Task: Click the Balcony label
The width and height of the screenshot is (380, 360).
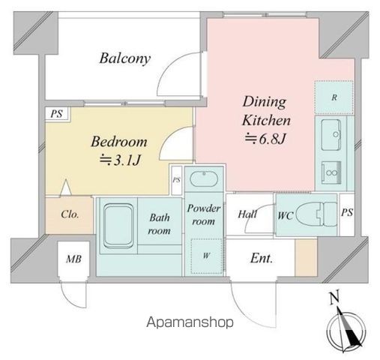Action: click(x=125, y=58)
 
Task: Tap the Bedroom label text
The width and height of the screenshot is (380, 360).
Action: click(x=119, y=142)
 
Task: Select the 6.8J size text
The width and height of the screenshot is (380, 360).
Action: click(x=265, y=139)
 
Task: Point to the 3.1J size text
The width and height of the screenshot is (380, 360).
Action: click(x=120, y=160)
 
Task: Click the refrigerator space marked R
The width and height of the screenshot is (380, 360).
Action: click(x=334, y=97)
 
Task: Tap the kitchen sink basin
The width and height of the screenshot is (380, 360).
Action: click(x=331, y=135)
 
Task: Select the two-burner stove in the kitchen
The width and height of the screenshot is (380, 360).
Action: click(x=331, y=172)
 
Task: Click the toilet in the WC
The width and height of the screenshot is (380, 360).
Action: click(x=317, y=214)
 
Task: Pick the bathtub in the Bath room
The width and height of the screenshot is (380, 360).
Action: click(x=118, y=226)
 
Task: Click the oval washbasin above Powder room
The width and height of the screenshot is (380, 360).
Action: click(x=204, y=179)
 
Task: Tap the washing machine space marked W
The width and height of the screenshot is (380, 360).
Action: click(x=206, y=256)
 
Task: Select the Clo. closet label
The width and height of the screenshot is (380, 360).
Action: click(x=70, y=214)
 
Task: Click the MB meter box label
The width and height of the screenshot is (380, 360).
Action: click(x=73, y=259)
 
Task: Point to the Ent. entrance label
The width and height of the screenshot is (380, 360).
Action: click(x=262, y=258)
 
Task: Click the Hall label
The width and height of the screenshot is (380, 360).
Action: click(x=247, y=214)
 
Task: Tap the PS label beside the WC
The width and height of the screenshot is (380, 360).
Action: click(x=347, y=212)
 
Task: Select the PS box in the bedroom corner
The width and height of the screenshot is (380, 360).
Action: click(x=57, y=114)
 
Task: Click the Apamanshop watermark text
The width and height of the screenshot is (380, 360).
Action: click(x=190, y=322)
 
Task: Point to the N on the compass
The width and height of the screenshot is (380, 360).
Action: click(x=334, y=297)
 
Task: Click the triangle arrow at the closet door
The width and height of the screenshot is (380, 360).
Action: click(x=66, y=187)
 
